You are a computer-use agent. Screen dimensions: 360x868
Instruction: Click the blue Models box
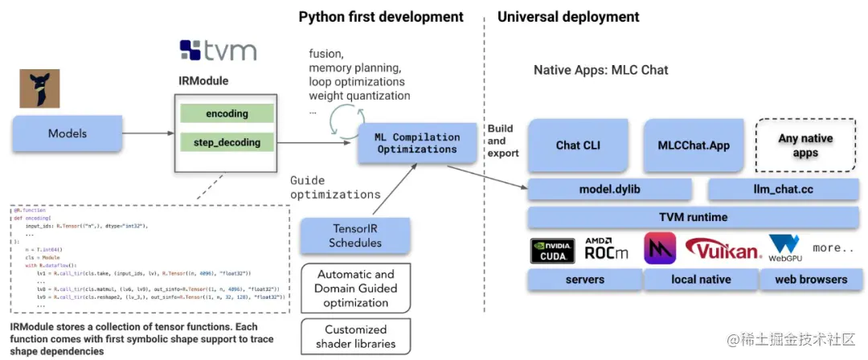coord(68,133)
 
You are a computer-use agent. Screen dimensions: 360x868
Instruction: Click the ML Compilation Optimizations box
coord(418,143)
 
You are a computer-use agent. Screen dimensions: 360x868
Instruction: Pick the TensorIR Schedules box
coord(355,235)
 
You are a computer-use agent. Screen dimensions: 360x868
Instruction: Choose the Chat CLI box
coord(578,145)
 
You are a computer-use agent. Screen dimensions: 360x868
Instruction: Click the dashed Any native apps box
coord(805,145)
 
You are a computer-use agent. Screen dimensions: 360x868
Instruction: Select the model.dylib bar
coord(609,190)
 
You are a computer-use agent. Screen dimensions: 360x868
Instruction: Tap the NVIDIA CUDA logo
coord(553,250)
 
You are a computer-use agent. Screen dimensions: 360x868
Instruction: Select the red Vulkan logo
coord(723,250)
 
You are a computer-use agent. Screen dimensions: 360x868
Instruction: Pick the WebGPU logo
coord(785,249)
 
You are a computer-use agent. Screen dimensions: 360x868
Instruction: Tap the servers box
coord(584,280)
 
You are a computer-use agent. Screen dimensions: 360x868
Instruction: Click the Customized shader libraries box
coord(355,337)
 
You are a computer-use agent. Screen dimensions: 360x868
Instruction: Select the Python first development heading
coord(381,17)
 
